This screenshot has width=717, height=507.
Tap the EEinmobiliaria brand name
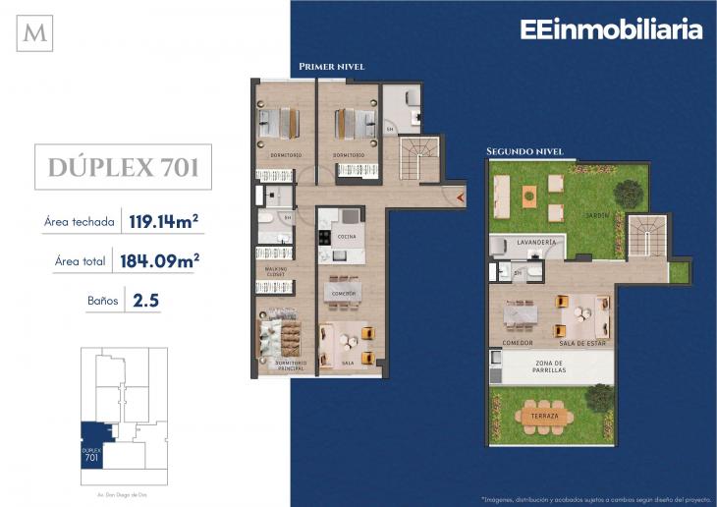pyautogui.click(x=611, y=29)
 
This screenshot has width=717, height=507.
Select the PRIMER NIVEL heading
pyautogui.click(x=331, y=67)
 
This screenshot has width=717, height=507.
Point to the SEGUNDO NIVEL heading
pyautogui.click(x=524, y=151)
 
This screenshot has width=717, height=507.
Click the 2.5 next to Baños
pyautogui.click(x=145, y=300)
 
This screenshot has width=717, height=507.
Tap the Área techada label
pyautogui.click(x=79, y=222)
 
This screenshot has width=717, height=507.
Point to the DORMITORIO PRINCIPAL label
pyautogui.click(x=291, y=365)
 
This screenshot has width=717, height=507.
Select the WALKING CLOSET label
pyautogui.click(x=273, y=271)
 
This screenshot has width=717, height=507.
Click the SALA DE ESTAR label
pyautogui.click(x=582, y=343)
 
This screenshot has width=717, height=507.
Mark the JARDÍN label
pyautogui.click(x=597, y=215)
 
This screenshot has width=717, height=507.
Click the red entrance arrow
pyautogui.click(x=461, y=197)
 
